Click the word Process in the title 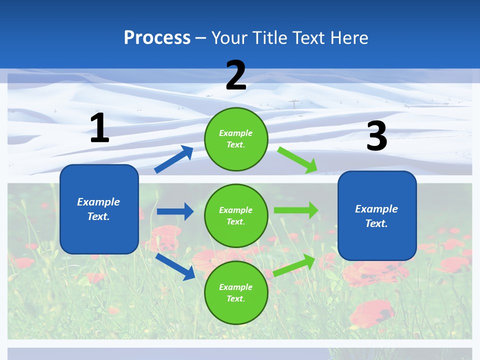[x=157, y=38]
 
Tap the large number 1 [x=99, y=128]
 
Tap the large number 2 [x=236, y=76]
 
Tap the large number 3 [x=376, y=136]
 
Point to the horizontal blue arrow [x=175, y=211]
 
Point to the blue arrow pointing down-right [x=175, y=266]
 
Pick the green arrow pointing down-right [x=297, y=160]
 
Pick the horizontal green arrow [x=296, y=210]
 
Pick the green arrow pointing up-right [x=295, y=265]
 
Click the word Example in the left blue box [x=98, y=202]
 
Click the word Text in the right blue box [x=375, y=223]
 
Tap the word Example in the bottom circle [x=236, y=287]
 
